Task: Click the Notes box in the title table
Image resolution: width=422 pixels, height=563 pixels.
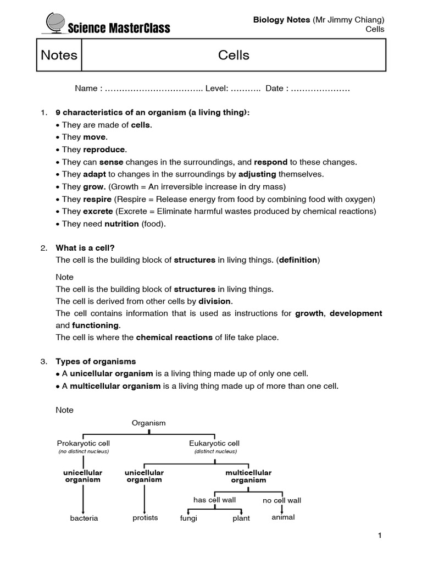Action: click(59, 55)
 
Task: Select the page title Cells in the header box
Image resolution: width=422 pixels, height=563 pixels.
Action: click(234, 55)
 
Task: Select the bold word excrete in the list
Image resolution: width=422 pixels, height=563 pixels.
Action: click(98, 211)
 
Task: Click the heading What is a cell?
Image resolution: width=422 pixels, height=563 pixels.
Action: click(85, 248)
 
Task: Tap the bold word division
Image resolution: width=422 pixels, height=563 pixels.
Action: click(215, 301)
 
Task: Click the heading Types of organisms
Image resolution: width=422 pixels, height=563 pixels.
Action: click(96, 362)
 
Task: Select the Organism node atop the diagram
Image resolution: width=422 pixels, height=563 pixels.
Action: click(148, 423)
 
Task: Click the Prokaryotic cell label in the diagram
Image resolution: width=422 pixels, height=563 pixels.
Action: click(84, 443)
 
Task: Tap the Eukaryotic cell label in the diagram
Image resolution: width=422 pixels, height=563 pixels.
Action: click(214, 443)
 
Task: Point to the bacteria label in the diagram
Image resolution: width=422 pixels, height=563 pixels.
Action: click(84, 518)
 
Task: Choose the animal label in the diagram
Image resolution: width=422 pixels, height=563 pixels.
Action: click(283, 517)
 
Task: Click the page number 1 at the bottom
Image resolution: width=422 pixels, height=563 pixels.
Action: click(379, 536)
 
